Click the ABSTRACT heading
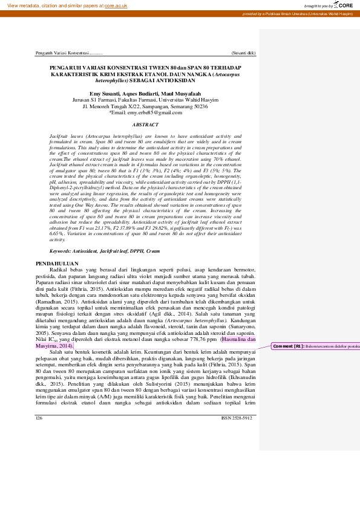tap(145, 125)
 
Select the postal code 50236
tap(199, 106)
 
